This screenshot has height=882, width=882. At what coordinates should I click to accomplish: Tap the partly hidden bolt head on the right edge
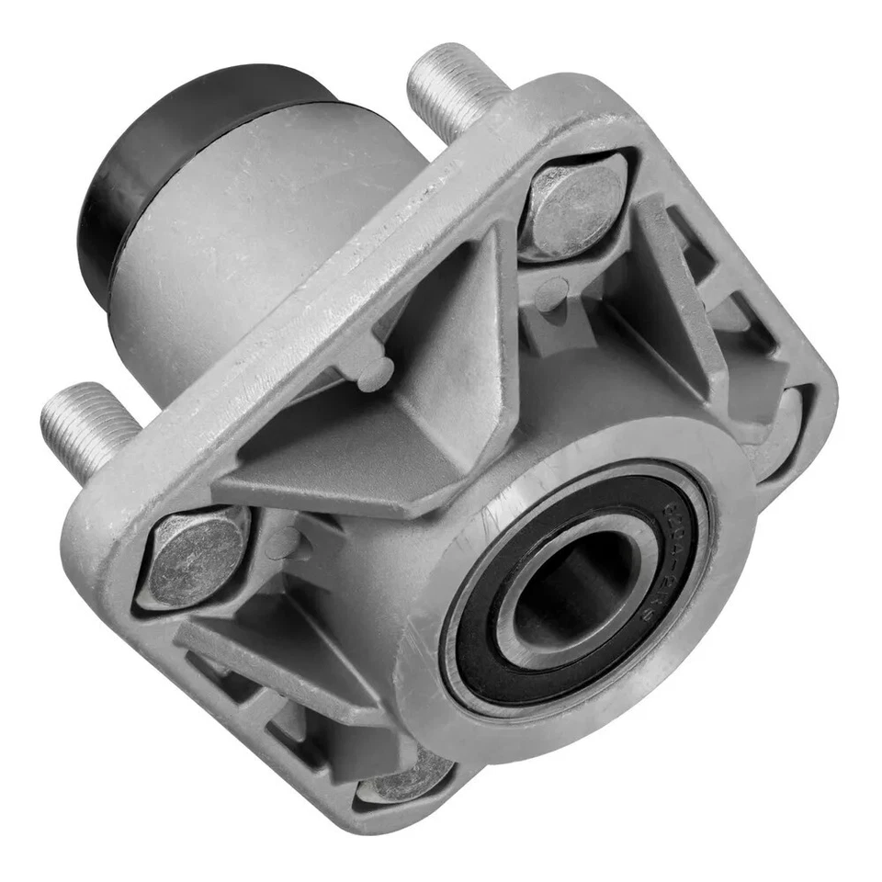point(788,428)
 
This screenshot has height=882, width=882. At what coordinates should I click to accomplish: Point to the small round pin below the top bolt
point(551,294)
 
